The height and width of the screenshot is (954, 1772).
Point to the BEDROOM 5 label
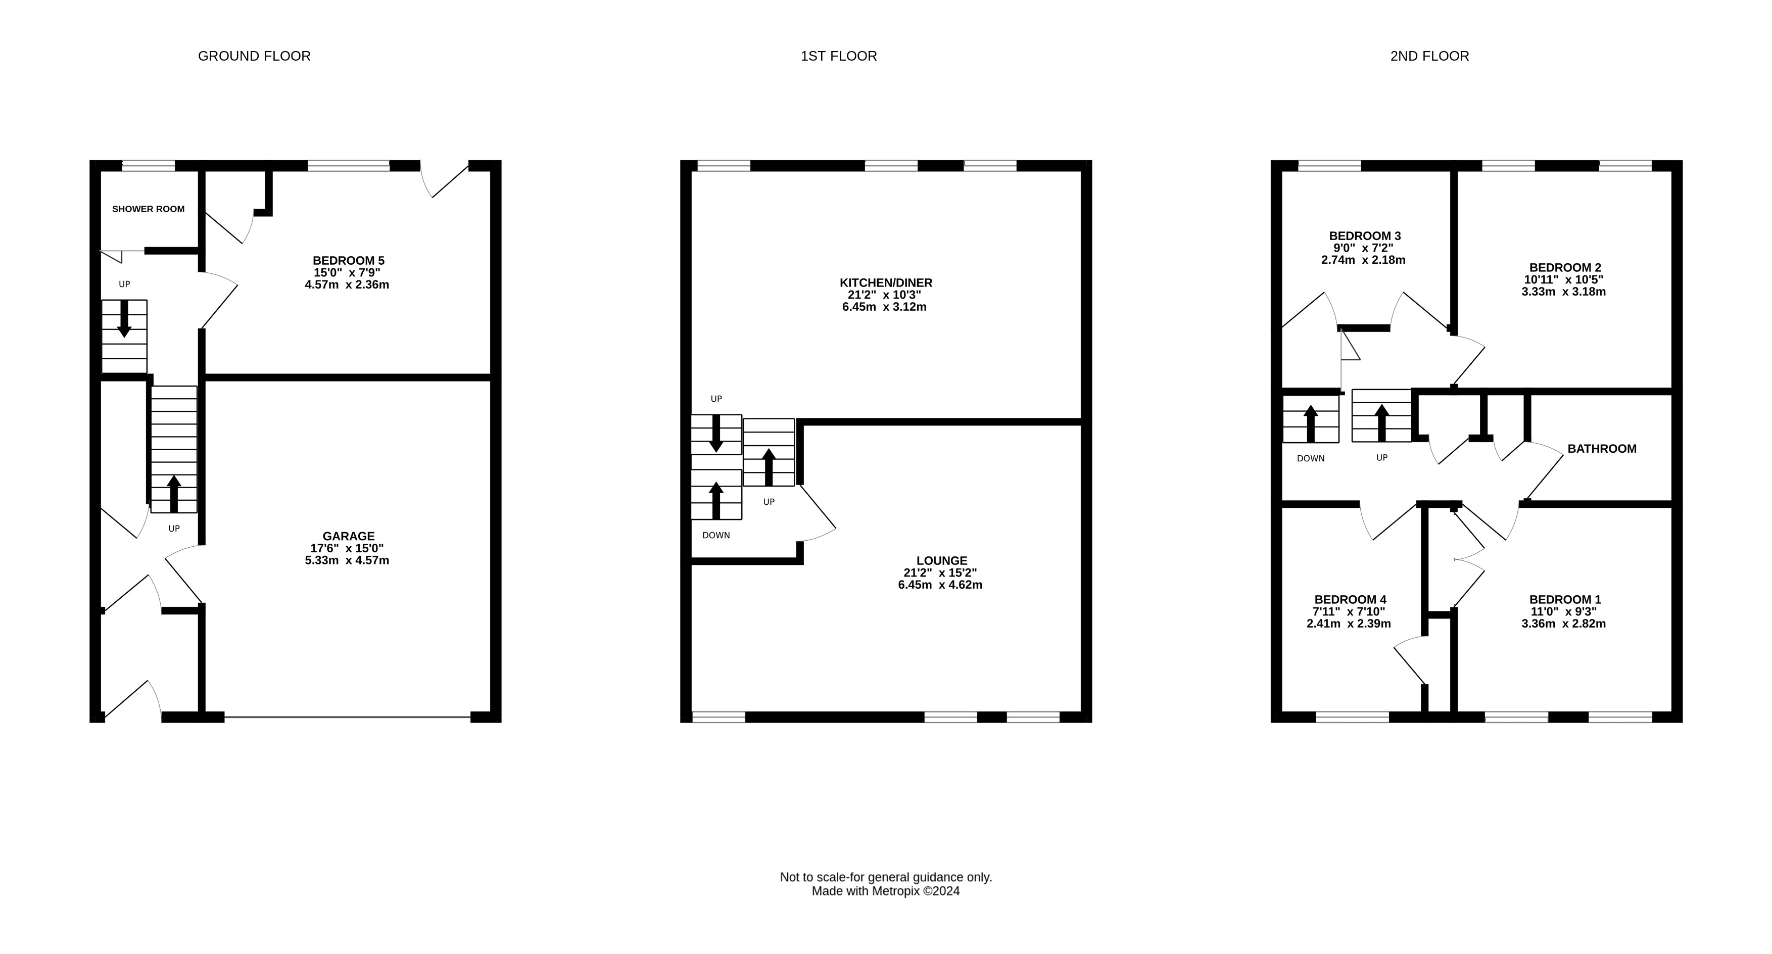click(349, 261)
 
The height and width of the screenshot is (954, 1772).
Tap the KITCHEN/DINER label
click(886, 282)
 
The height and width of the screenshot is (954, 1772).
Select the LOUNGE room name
click(942, 560)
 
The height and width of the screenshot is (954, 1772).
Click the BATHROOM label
click(1602, 449)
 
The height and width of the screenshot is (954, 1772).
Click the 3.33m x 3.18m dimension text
click(1563, 292)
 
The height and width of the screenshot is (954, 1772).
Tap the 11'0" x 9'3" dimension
click(1563, 611)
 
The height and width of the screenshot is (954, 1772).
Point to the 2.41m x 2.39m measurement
click(1349, 624)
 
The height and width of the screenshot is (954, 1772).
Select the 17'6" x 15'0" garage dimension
click(348, 548)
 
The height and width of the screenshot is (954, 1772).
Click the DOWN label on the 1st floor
click(716, 535)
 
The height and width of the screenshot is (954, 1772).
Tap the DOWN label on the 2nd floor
click(1310, 459)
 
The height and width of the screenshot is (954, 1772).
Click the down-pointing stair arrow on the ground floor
click(124, 318)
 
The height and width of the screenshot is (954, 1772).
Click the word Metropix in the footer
click(896, 891)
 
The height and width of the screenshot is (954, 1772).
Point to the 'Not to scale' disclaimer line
click(886, 878)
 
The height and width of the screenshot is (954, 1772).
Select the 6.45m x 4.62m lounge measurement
click(940, 585)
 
